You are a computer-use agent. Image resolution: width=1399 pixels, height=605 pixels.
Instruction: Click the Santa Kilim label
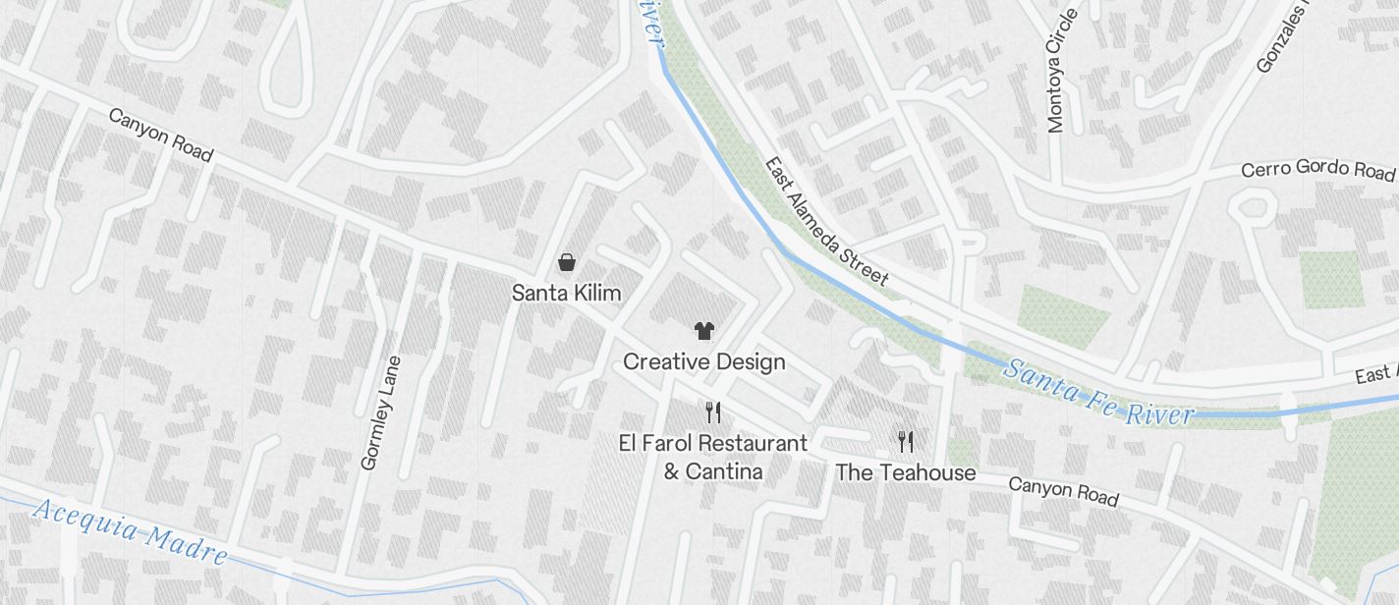tap(566, 293)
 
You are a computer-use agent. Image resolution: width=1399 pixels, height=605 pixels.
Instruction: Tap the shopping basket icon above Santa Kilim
tap(567, 262)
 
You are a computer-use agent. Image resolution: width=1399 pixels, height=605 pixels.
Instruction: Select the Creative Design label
tap(703, 361)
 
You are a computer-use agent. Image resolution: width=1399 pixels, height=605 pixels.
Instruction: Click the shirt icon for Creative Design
tap(703, 331)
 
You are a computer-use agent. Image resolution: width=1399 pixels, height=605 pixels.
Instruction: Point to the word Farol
tap(680, 443)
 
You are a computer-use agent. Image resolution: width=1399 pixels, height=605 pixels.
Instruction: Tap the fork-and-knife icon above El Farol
tap(713, 412)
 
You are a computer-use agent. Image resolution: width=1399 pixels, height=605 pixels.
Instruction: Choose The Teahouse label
tap(905, 472)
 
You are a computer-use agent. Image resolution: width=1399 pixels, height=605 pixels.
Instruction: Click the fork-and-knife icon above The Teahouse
tap(905, 442)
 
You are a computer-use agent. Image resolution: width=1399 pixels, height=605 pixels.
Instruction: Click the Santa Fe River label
tap(1098, 391)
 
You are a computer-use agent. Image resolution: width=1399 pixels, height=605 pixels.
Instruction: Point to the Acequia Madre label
tap(130, 531)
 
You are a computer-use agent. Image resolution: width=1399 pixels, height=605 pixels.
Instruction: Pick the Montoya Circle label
tap(1063, 71)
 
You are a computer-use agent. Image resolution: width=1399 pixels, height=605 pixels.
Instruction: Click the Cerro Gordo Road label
tap(1317, 170)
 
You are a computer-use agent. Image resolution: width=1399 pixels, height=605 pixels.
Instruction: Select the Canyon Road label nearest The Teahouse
tap(1063, 491)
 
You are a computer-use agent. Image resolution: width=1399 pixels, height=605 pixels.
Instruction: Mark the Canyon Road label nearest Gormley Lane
tap(160, 135)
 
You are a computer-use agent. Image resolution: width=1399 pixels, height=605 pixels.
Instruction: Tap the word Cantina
tap(713, 471)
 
